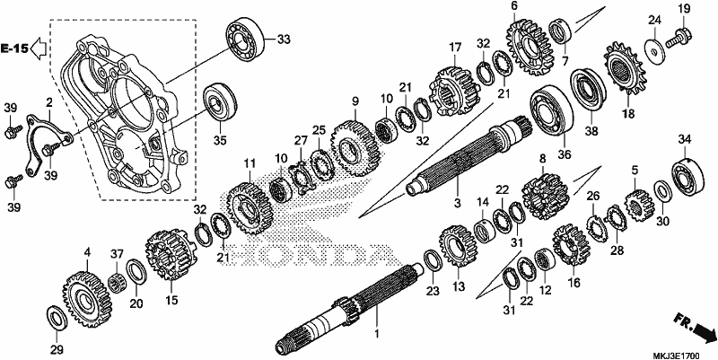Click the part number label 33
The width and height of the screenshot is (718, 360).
click(284, 40)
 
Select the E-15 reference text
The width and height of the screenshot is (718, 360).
click(14, 48)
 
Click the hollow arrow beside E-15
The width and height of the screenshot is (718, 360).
click(39, 48)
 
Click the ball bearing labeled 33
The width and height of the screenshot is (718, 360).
click(246, 40)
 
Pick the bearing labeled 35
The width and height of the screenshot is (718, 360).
click(220, 104)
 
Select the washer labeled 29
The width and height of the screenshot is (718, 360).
click(57, 317)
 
